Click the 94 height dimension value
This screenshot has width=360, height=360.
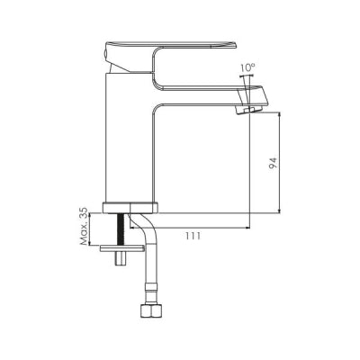tap(273, 163)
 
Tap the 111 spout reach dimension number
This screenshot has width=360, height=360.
tap(193, 236)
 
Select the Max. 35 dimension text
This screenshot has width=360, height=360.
tap(85, 226)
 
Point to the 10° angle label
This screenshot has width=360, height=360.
tap(247, 67)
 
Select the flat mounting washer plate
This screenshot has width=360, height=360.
tap(121, 248)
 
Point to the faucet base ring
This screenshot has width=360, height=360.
tap(130, 208)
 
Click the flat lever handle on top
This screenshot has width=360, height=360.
tap(171, 45)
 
